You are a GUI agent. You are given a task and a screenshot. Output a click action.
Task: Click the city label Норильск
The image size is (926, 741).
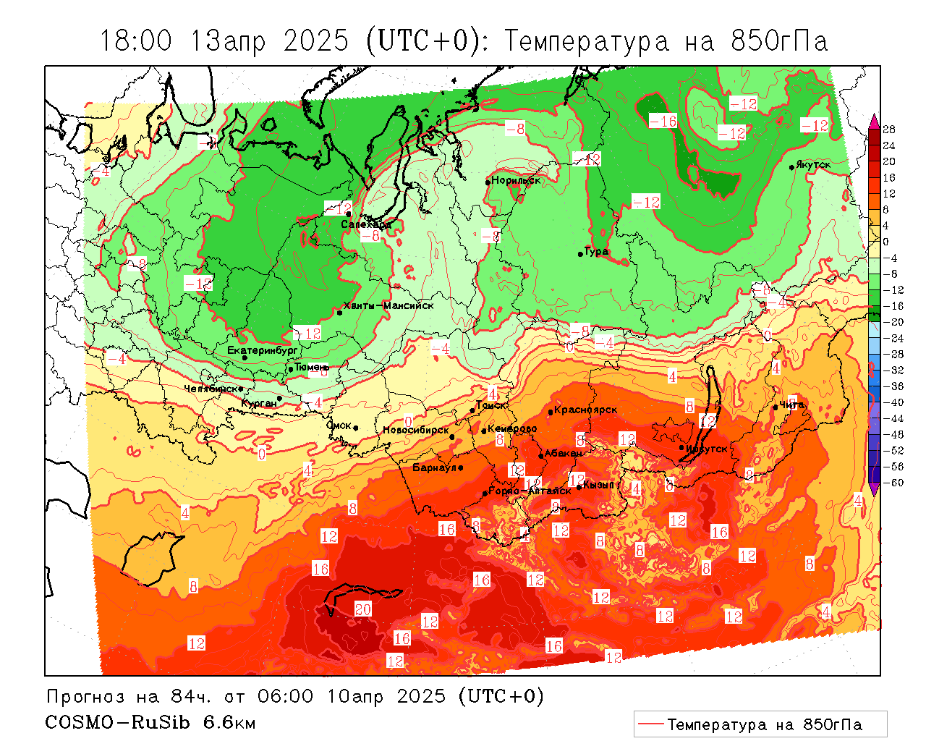tap(516, 180)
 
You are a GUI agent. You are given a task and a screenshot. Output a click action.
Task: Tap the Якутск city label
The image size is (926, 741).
tap(812, 165)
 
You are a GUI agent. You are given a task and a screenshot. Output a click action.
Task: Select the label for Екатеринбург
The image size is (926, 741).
tap(263, 350)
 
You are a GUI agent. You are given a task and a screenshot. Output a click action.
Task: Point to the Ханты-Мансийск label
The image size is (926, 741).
tap(388, 305)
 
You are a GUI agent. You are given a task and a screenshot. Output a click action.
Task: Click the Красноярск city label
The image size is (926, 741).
tap(586, 410)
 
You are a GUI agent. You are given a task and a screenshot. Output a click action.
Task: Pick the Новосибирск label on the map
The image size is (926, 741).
tap(416, 430)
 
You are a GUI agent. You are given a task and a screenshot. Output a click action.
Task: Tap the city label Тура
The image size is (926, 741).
tap(597, 252)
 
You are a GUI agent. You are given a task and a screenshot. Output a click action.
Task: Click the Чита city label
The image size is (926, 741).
tap(791, 405)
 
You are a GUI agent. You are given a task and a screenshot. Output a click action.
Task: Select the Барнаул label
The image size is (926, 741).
tap(434, 467)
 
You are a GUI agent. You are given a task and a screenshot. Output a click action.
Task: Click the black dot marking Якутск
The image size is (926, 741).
tap(792, 167)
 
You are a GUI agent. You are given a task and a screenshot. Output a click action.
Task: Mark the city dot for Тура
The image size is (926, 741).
tap(580, 254)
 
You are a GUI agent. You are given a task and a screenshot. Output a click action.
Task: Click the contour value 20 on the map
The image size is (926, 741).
tap(362, 609)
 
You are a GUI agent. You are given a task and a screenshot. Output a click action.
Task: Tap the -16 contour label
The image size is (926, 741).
tap(663, 121)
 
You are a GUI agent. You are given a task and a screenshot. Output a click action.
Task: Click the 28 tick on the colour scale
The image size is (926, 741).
tap(889, 130)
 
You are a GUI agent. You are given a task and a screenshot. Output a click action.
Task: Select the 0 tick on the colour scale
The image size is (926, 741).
tap(886, 242)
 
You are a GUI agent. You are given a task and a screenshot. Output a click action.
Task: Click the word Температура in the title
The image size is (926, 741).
tap(587, 41)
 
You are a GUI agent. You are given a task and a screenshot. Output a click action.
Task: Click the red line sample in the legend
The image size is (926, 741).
tap(651, 724)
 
